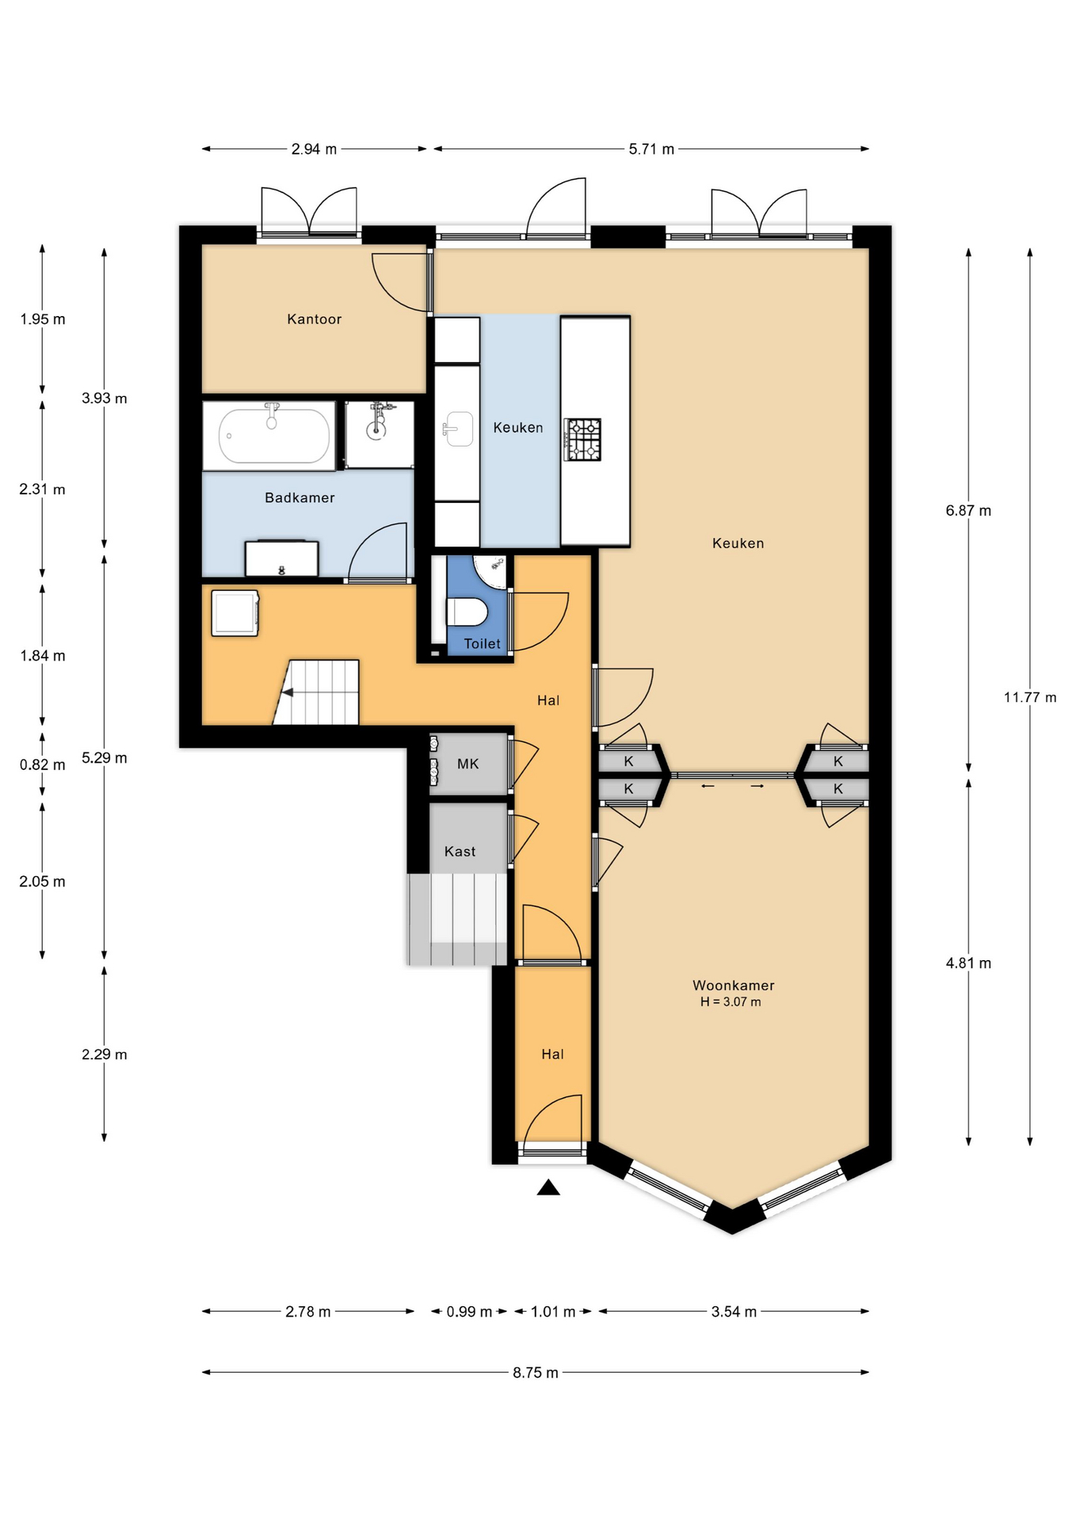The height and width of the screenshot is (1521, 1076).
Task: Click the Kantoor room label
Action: pyautogui.click(x=314, y=319)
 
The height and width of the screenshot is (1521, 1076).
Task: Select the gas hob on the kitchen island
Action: pyautogui.click(x=582, y=440)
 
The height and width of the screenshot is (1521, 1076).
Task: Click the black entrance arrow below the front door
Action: pyautogui.click(x=548, y=1187)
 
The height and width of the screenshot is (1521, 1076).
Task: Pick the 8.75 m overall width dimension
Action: pyautogui.click(x=536, y=1372)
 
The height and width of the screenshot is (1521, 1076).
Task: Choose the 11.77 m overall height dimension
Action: pyautogui.click(x=1030, y=697)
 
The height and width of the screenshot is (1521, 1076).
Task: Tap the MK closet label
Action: pyautogui.click(x=468, y=764)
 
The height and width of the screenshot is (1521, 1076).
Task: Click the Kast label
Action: pyautogui.click(x=460, y=852)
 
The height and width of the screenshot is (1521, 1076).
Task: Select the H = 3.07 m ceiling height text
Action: pyautogui.click(x=731, y=1002)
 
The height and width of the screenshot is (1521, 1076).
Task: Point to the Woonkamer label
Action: pyautogui.click(x=734, y=985)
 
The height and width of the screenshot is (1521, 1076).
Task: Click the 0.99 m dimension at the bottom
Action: pyautogui.click(x=469, y=1312)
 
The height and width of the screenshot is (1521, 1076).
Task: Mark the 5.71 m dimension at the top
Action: pyautogui.click(x=651, y=149)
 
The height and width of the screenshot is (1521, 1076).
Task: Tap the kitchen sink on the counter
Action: pyautogui.click(x=458, y=429)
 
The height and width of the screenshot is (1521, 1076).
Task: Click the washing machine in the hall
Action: pyautogui.click(x=235, y=613)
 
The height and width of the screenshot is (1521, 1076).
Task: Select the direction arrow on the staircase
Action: pyautogui.click(x=287, y=692)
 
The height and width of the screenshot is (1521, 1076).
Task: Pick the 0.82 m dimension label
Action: pyautogui.click(x=43, y=764)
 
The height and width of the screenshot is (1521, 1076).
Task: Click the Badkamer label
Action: pyautogui.click(x=300, y=497)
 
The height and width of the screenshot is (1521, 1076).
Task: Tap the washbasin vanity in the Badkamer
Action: pyautogui.click(x=281, y=558)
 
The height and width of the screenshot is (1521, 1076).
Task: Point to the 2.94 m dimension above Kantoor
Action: pyautogui.click(x=314, y=149)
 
